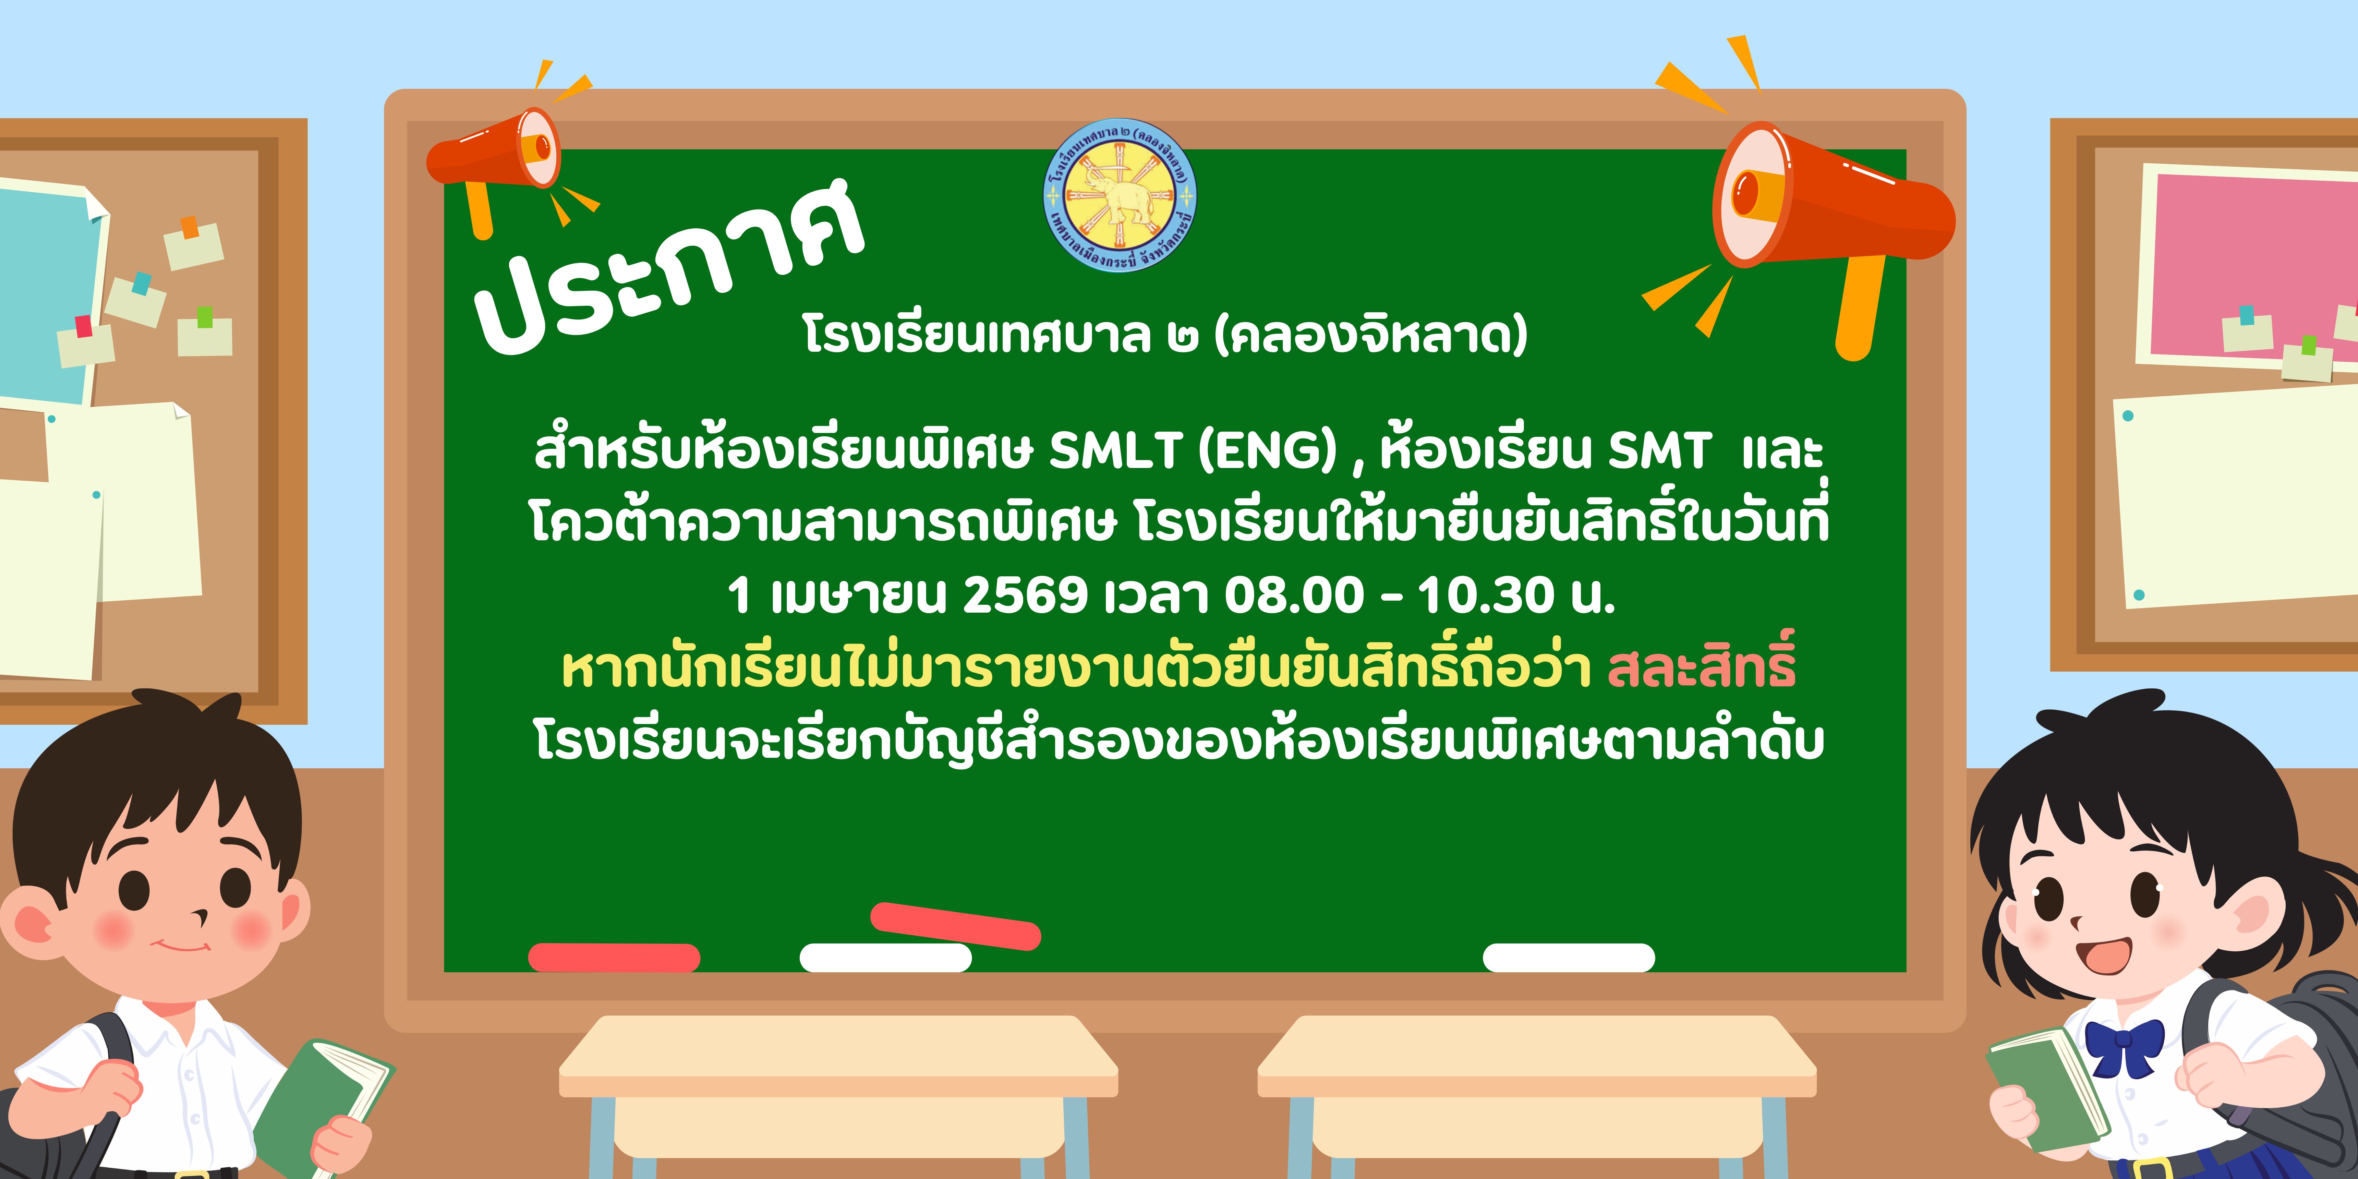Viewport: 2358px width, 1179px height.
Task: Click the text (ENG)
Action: pos(1268,450)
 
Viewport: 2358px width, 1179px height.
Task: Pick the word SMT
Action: pos(1659,450)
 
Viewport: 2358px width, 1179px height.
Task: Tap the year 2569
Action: pos(1025,595)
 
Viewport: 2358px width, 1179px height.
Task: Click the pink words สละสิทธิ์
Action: pos(1701,664)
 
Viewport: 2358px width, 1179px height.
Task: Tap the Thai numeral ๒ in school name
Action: pos(1183,337)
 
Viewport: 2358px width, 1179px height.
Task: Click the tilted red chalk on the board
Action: pos(956,925)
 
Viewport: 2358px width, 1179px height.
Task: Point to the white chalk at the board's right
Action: pos(1569,958)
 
